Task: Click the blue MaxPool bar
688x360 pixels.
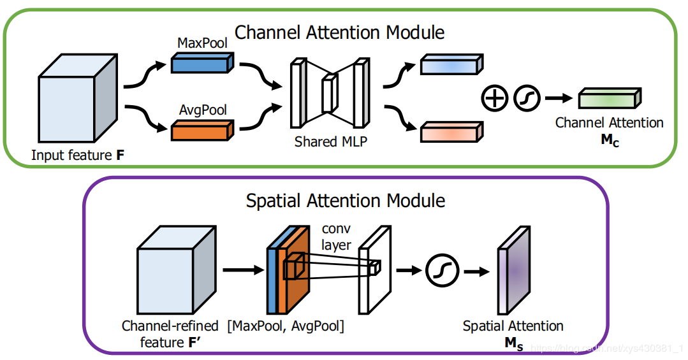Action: pos(202,62)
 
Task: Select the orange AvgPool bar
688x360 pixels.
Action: pos(202,130)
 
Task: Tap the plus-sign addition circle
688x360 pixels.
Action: pos(495,97)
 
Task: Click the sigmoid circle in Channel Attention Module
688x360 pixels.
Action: pos(527,97)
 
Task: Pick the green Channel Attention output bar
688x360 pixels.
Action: pos(610,97)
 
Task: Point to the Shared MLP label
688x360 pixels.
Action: pos(330,141)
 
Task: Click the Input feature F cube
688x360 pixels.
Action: pos(78,98)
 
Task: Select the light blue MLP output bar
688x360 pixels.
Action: pos(452,64)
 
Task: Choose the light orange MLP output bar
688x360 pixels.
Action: pos(452,131)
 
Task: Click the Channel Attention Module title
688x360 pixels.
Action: pos(340,32)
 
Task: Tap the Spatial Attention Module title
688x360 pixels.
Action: pos(346,201)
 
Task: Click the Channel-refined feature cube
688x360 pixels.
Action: pos(177,270)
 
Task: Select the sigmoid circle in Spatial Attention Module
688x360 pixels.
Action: pos(442,271)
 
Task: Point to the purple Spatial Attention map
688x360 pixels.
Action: pos(514,270)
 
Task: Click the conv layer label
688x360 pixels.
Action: pos(336,237)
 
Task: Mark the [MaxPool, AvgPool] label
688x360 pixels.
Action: pos(286,326)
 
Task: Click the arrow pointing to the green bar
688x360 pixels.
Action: pos(559,98)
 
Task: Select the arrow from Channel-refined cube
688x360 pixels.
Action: pos(244,270)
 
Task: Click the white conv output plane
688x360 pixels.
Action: pos(375,270)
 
